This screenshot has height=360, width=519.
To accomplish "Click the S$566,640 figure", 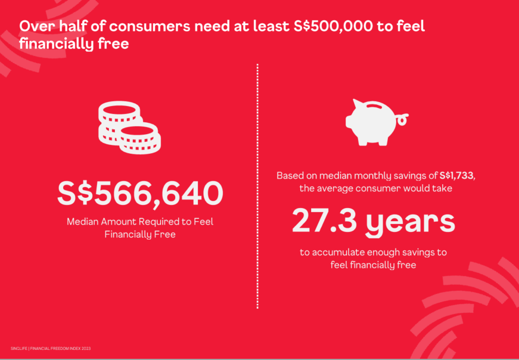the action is (x=141, y=194).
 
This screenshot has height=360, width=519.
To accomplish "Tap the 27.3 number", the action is (x=324, y=221).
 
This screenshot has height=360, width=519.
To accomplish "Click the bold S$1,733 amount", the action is (x=457, y=175).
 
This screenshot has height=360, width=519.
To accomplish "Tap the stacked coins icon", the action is (x=129, y=128).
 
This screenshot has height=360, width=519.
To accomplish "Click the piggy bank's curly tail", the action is (x=402, y=118).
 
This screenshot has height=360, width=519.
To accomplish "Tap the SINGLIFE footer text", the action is (x=18, y=349).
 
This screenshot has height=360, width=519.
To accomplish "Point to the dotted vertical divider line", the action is (x=257, y=186).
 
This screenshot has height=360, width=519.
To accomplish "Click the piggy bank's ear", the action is (x=357, y=103).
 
